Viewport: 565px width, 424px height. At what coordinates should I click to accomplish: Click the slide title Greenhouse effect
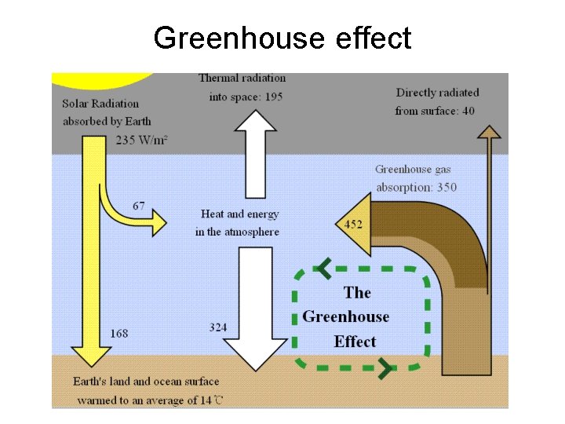(282, 37)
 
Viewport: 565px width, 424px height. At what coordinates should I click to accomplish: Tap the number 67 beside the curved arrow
(138, 206)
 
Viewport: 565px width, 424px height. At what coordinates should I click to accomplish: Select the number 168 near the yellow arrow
(119, 334)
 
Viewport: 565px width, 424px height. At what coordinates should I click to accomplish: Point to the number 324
(218, 327)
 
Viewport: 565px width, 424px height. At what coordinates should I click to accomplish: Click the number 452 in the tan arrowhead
(353, 225)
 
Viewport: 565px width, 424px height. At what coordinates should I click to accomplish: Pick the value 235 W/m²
(141, 140)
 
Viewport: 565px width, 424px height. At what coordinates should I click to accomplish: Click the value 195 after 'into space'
(273, 97)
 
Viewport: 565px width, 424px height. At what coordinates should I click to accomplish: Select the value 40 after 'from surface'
(468, 111)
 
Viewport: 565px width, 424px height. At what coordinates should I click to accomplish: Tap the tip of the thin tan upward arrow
(490, 127)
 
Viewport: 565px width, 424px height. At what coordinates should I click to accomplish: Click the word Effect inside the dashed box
(355, 342)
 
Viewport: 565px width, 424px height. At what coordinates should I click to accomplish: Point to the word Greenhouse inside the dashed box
(345, 316)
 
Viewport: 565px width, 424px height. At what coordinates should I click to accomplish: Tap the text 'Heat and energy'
(239, 214)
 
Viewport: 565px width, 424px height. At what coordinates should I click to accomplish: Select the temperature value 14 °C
(210, 400)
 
